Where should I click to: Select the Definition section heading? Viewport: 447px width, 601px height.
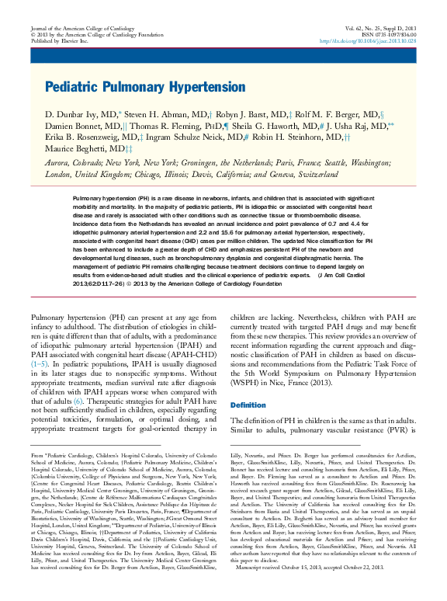tap(248, 405)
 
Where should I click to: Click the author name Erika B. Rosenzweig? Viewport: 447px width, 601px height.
tap(89, 136)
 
